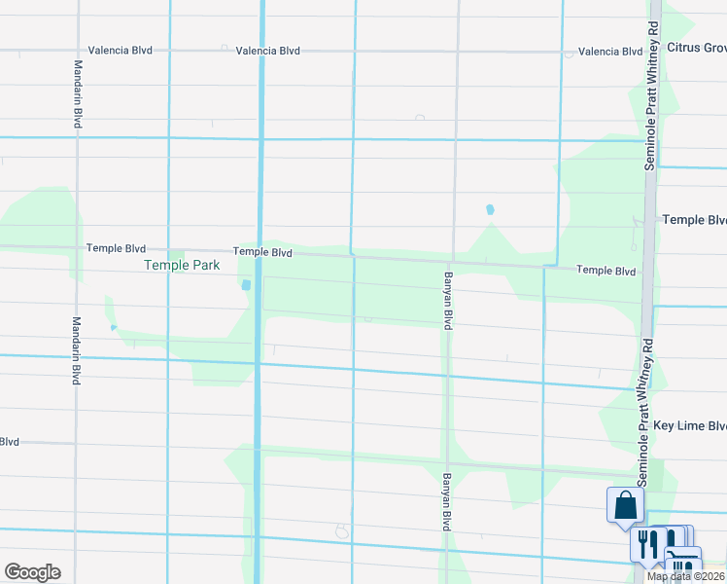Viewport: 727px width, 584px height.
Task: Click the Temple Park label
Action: point(182,265)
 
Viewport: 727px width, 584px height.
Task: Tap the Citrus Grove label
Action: point(696,47)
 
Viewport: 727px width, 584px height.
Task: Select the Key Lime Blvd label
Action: point(690,426)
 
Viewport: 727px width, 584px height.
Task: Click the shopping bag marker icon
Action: point(625,506)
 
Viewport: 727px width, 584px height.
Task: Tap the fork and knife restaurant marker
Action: point(647,541)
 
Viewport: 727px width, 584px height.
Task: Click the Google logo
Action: point(32,572)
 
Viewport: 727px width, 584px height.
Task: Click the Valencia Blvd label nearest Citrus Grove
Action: point(610,52)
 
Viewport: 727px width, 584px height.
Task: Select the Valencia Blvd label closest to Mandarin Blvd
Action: point(120,50)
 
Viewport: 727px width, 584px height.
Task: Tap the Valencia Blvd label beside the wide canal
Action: point(267,50)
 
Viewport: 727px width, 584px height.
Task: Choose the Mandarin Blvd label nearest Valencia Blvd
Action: point(77,94)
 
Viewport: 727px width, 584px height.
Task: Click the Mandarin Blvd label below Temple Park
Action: point(75,350)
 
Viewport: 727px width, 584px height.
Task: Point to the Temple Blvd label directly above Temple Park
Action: point(116,248)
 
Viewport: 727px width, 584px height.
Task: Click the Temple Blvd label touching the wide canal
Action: point(262,252)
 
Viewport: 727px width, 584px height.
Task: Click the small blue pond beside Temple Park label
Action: point(245,285)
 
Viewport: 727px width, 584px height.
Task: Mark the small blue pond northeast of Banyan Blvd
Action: point(490,209)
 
